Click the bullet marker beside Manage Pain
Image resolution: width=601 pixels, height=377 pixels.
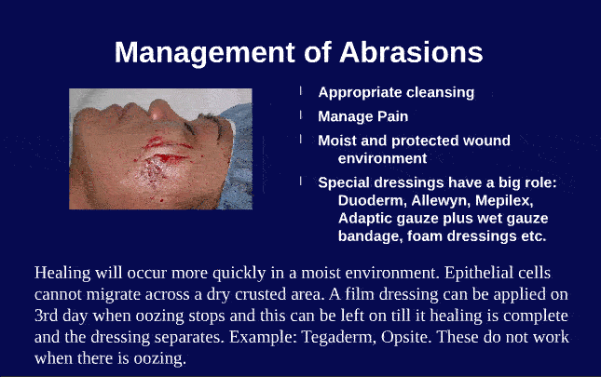(301, 116)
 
